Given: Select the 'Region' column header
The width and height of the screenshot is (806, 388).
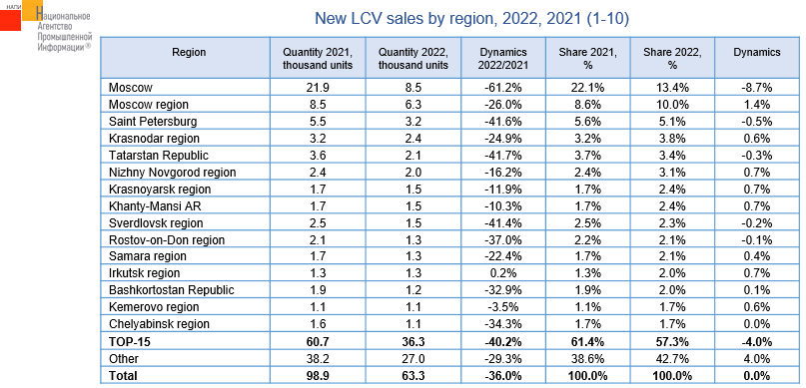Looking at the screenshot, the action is click(189, 52).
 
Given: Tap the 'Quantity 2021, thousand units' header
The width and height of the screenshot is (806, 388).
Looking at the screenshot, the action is click(318, 59).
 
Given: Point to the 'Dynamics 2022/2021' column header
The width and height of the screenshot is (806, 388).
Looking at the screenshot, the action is click(503, 59).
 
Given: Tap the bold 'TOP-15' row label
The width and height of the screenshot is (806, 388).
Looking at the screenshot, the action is click(125, 341).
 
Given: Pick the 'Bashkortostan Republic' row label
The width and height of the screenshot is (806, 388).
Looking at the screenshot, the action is click(172, 290).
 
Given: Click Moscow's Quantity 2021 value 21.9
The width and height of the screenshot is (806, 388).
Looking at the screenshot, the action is click(318, 88).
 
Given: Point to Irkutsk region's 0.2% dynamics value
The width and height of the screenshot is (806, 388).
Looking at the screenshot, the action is click(503, 273).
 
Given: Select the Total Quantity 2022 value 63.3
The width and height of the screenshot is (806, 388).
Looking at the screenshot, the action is click(411, 376).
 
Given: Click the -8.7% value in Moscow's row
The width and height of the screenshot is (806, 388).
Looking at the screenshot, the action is click(757, 88).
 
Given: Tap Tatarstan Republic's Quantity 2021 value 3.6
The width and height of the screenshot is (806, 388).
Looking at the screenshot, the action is click(318, 156).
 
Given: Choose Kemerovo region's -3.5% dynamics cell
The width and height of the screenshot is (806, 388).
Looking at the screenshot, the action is click(503, 307).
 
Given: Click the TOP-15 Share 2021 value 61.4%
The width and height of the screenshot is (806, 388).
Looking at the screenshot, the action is click(588, 341).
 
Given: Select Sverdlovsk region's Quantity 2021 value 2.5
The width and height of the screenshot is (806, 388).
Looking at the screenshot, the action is click(318, 223).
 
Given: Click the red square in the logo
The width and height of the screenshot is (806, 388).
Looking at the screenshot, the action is click(11, 19).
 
